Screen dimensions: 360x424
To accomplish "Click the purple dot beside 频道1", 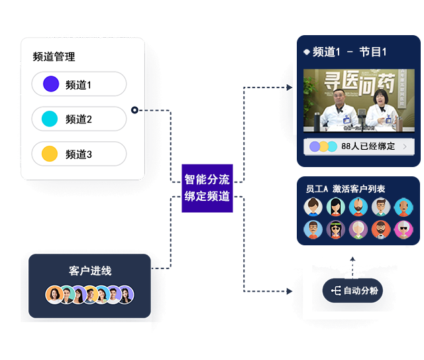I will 51,84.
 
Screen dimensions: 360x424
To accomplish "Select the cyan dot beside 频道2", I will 50,119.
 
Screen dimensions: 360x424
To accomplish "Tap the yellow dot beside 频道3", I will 50,154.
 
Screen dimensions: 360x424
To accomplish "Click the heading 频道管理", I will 54,57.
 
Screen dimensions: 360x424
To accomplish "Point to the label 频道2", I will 79,119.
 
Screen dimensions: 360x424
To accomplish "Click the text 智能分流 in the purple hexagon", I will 207,180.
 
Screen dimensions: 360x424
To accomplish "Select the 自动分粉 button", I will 354,290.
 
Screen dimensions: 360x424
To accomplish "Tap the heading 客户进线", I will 90,271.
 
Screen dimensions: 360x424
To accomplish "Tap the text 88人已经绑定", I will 368,147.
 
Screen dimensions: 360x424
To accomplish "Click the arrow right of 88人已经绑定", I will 405,147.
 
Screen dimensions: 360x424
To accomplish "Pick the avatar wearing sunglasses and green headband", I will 336,229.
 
